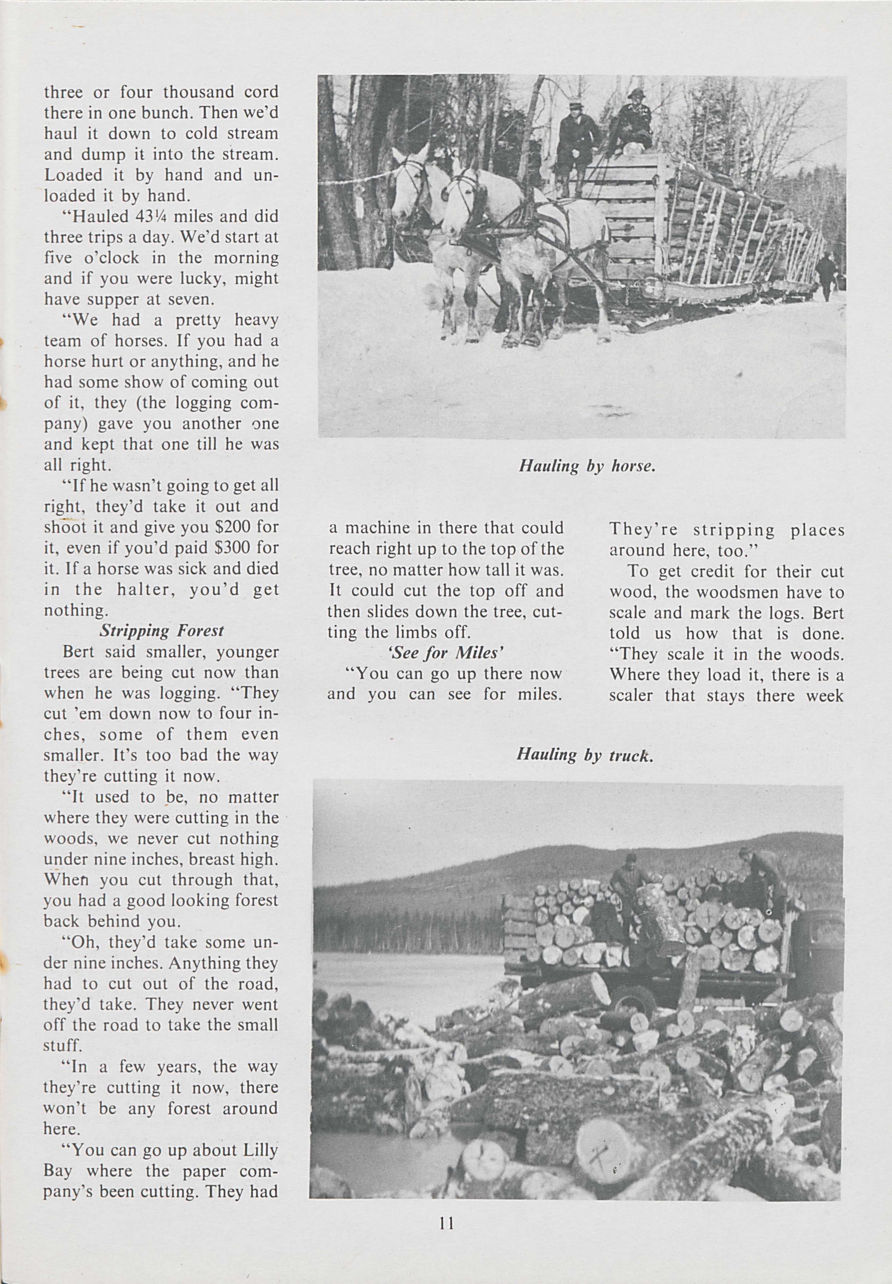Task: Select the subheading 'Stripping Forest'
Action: pos(162,631)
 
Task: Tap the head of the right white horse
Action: pos(457,201)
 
